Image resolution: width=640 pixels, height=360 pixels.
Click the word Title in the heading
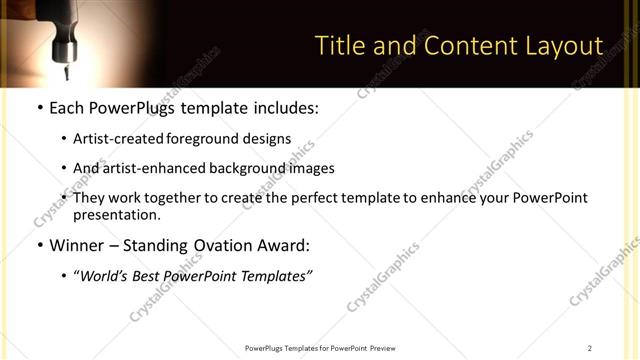tap(340, 46)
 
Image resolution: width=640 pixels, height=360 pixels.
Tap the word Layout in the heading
tap(564, 46)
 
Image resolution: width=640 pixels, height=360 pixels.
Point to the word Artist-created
tap(116, 139)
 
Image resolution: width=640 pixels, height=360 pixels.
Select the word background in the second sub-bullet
tap(247, 168)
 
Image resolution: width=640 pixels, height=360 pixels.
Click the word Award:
tap(283, 245)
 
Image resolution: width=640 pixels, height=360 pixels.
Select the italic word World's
tap(105, 276)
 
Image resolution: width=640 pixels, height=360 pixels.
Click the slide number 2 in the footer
tap(589, 348)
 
